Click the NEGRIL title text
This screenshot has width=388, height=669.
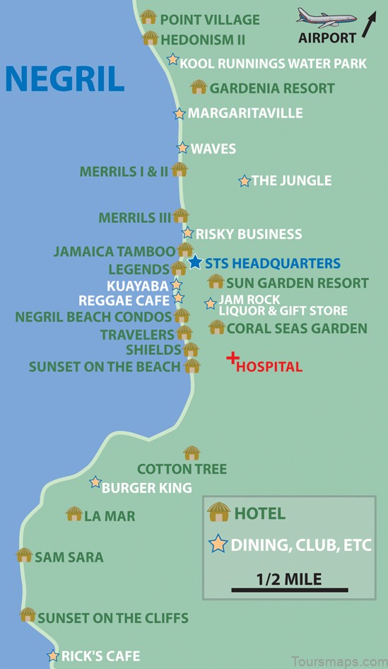pyautogui.click(x=64, y=79)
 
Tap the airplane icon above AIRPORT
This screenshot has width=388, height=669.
pyautogui.click(x=326, y=18)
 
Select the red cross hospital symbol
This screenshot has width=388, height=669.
pyautogui.click(x=232, y=359)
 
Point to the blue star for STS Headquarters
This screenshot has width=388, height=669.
pyautogui.click(x=195, y=262)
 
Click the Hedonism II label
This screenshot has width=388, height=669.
pyautogui.click(x=202, y=40)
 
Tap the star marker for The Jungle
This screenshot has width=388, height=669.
pyautogui.click(x=245, y=181)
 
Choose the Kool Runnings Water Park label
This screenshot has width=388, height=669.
pyautogui.click(x=273, y=64)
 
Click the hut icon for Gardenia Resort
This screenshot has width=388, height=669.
pyautogui.click(x=199, y=87)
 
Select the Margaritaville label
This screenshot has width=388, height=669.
pyautogui.click(x=245, y=113)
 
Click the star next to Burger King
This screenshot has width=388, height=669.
pyautogui.click(x=95, y=482)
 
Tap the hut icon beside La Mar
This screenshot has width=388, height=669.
pyautogui.click(x=74, y=514)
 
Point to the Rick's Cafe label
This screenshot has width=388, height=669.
pyautogui.click(x=100, y=656)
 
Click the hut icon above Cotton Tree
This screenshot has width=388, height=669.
pyautogui.click(x=192, y=453)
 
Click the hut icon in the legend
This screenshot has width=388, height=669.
pyautogui.click(x=219, y=511)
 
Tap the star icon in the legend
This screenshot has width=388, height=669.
pyautogui.click(x=218, y=545)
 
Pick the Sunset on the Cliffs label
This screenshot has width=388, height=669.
pyautogui.click(x=112, y=618)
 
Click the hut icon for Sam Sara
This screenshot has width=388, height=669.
pyautogui.click(x=25, y=555)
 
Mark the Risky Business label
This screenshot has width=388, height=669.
pyautogui.click(x=248, y=234)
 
